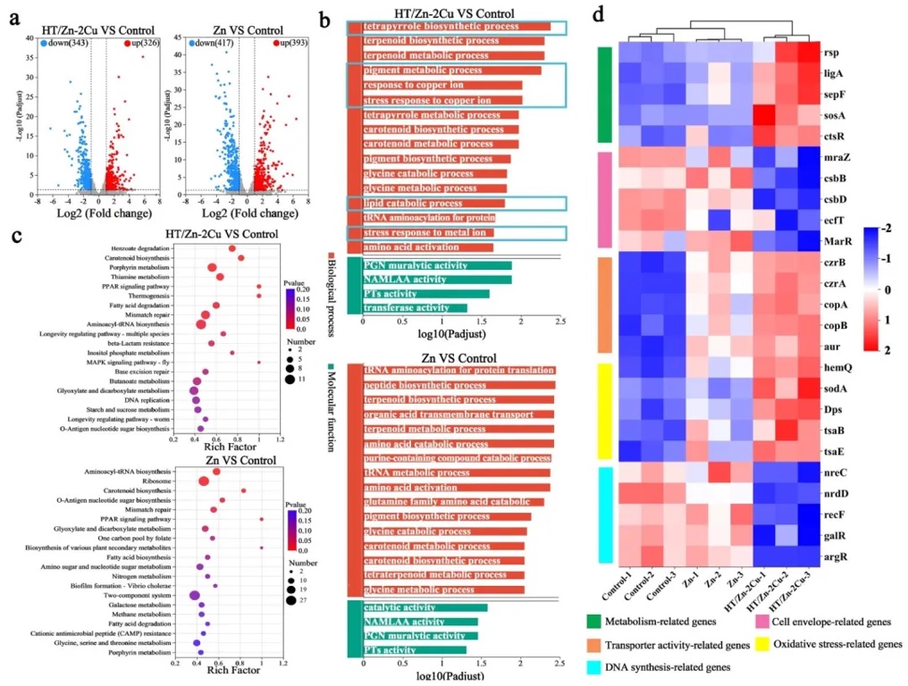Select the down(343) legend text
pos(60,42)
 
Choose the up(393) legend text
pos(275,42)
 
